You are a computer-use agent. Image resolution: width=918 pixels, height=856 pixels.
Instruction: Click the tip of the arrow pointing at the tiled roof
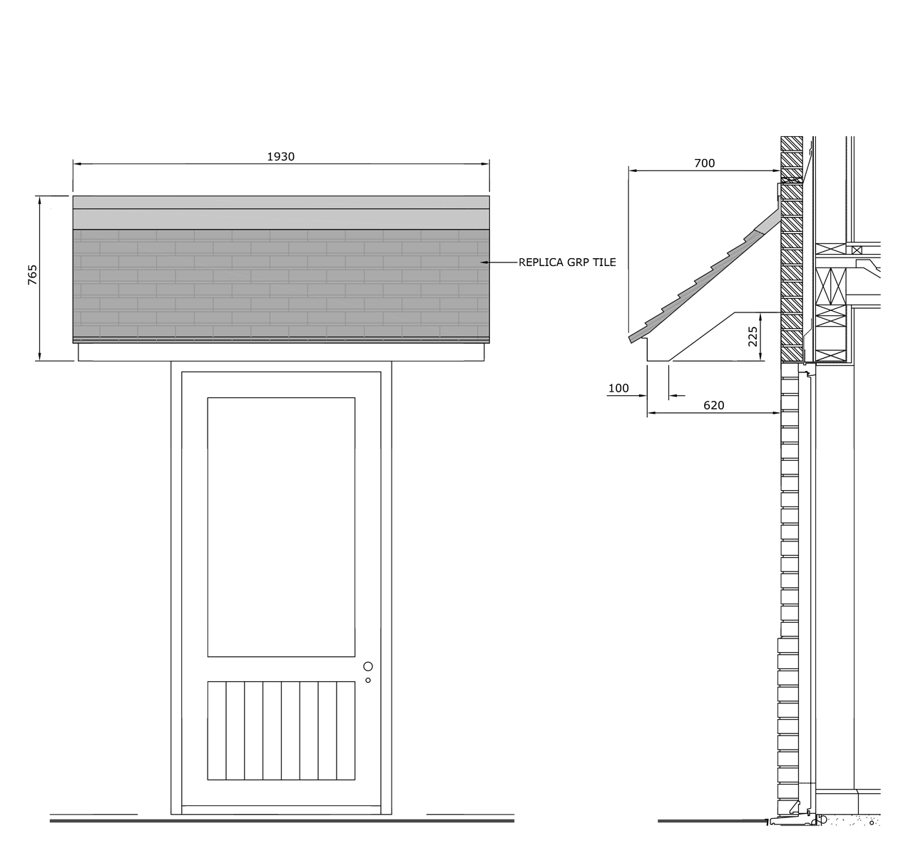(x=480, y=263)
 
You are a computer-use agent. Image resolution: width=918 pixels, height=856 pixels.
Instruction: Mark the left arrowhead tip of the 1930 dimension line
(x=73, y=163)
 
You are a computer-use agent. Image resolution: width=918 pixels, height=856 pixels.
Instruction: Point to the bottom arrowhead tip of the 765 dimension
(x=40, y=360)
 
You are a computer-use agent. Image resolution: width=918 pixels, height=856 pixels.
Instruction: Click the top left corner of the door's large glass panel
(x=208, y=398)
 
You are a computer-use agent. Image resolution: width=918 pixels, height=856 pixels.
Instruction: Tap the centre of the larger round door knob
(x=368, y=666)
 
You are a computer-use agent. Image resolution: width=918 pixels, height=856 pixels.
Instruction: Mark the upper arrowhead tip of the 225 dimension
(x=760, y=313)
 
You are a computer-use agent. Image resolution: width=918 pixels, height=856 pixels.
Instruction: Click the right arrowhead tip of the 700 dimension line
(x=780, y=170)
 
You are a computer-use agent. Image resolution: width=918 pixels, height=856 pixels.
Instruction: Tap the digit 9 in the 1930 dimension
(x=276, y=157)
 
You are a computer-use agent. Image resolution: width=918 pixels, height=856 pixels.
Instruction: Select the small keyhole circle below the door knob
(x=368, y=681)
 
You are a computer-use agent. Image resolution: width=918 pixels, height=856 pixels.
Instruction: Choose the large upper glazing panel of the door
(x=281, y=526)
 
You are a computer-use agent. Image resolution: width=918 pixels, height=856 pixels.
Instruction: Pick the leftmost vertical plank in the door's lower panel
(x=217, y=730)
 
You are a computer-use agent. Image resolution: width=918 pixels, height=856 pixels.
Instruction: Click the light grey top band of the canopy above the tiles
(x=281, y=202)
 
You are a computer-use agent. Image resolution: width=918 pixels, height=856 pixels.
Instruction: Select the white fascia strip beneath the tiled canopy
(x=281, y=352)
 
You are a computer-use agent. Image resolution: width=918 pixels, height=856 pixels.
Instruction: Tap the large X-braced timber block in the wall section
(x=831, y=286)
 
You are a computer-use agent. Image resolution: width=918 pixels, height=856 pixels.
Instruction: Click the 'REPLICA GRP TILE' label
(x=567, y=263)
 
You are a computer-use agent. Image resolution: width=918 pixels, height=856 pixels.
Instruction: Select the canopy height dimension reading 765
(x=32, y=275)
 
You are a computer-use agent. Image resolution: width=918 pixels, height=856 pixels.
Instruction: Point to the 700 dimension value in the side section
(x=705, y=163)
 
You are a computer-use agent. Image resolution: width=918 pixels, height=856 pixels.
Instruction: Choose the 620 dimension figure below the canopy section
(x=714, y=406)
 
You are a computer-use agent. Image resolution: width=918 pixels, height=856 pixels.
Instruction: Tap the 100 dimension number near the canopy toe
(x=618, y=389)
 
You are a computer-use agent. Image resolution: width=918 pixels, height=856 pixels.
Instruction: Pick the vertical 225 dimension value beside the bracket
(x=753, y=337)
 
